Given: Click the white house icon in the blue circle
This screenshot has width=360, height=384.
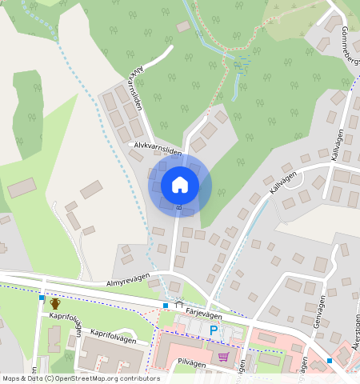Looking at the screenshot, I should coord(180,185).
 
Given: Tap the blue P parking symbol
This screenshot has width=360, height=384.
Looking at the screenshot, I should coord(214,330).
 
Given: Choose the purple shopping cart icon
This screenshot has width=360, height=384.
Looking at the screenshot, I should coord(223,357).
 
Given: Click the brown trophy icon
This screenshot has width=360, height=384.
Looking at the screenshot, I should coord(55,304).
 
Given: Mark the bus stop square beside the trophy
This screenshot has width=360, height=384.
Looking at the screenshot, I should coord(42,298).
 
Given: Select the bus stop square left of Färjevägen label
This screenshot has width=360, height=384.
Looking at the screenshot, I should coord(165,306).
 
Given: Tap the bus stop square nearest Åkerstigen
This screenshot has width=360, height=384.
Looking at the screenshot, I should coord(330,361).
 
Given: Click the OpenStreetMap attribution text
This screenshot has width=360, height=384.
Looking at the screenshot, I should coord(81,378).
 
